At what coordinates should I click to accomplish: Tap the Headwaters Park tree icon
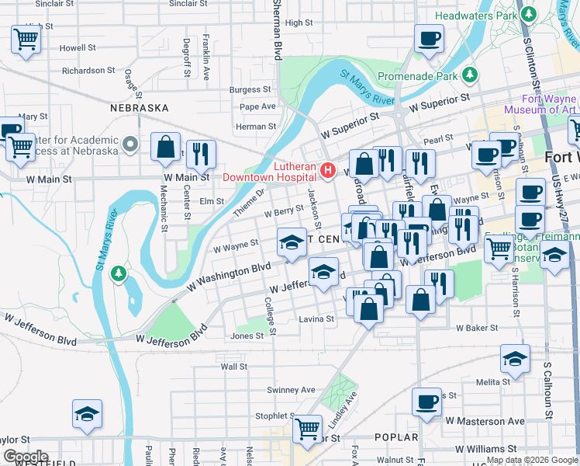[x=530, y=15]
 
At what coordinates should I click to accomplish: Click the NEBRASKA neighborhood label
[x=140, y=108]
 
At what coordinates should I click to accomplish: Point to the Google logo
[x=25, y=457]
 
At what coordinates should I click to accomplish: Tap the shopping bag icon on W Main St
[x=166, y=148]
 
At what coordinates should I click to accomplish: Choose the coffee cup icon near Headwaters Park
[x=428, y=38]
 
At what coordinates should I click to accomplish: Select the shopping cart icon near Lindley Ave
[x=308, y=426]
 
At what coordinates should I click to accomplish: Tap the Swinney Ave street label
[x=291, y=389]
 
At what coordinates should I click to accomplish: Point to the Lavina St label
[x=316, y=318]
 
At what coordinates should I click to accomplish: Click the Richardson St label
[x=89, y=71]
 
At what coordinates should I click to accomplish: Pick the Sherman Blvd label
[x=277, y=31]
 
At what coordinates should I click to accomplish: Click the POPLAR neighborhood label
[x=396, y=437]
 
